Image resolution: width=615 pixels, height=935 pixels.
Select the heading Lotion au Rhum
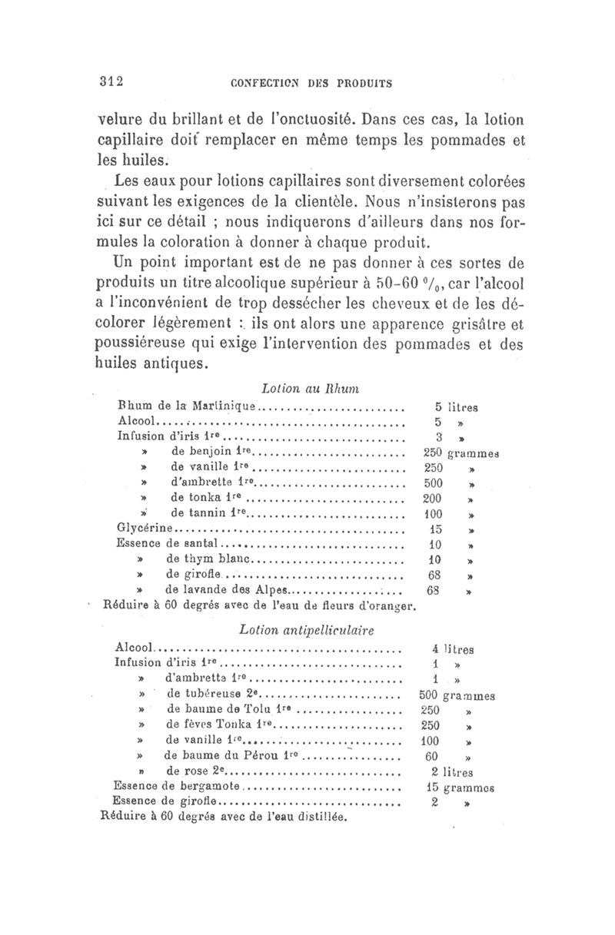pyautogui.click(x=299, y=390)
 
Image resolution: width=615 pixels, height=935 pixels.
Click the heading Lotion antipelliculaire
pyautogui.click(x=307, y=630)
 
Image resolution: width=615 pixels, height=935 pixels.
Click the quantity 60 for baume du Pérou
pyautogui.click(x=431, y=756)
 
